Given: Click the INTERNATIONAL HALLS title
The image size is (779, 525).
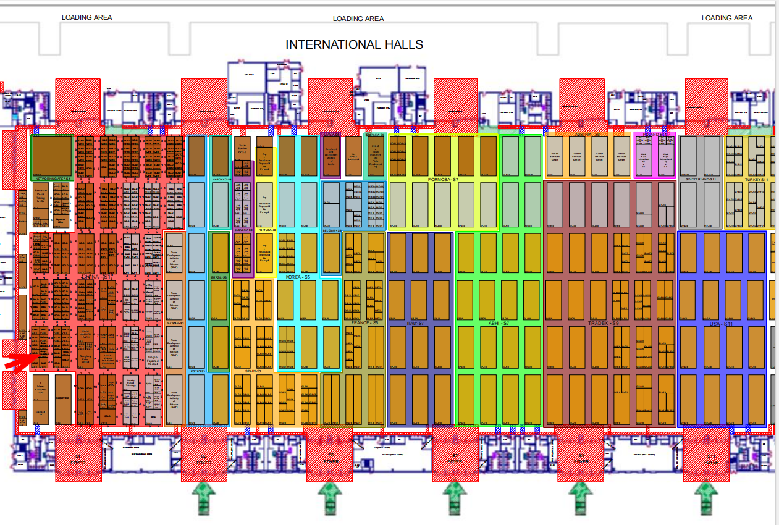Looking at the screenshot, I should coord(354,44).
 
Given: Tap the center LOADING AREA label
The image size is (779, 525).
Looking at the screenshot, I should coord(358,19).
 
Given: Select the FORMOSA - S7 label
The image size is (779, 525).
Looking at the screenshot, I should coord(442,180).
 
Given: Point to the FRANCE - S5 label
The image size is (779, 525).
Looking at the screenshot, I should coord(364,323).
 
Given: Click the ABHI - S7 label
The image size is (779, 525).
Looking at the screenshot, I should coord(498,323).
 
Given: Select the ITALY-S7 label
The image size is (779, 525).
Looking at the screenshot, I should coord(415,323).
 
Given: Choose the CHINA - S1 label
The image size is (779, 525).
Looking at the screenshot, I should coord(98,277).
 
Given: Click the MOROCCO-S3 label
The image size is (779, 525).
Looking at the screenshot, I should coord(221,180).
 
